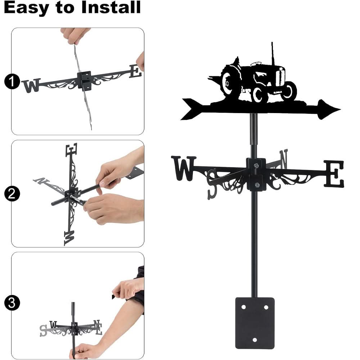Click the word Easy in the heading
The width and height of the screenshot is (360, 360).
pos(26,8)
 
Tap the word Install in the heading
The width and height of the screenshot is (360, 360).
pos(111,8)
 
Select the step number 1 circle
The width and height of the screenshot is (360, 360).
pos(12,82)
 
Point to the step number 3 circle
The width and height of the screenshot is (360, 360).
pos(12,302)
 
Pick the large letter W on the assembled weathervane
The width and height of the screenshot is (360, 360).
pos(184,168)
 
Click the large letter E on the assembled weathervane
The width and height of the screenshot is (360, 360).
pos(334,174)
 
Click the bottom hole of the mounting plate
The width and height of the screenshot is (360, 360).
pos(255,339)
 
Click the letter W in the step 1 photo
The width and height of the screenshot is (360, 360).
pos(31,86)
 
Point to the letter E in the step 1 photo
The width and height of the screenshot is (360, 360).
pos(135,71)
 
